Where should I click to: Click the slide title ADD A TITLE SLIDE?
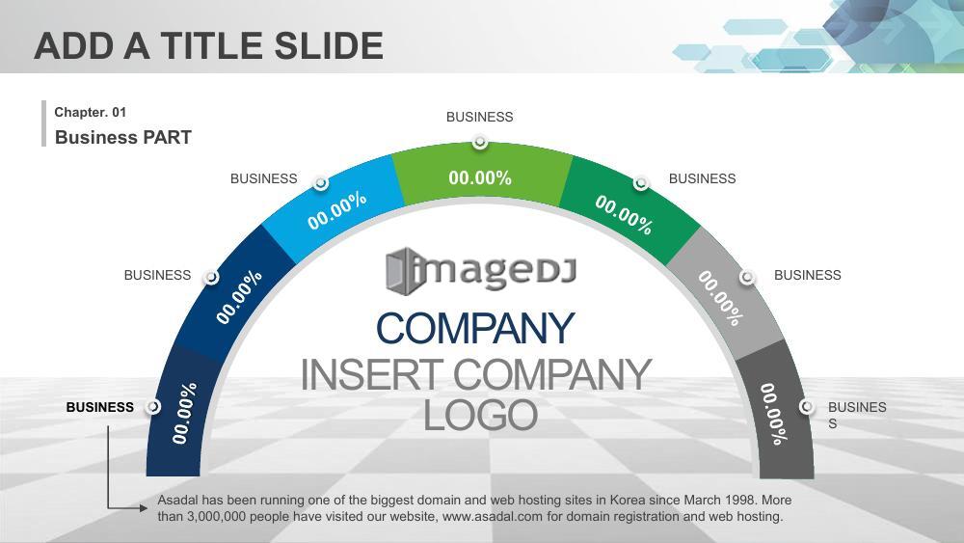click(208, 46)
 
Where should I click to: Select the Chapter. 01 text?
click(90, 112)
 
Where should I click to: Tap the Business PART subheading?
click(123, 137)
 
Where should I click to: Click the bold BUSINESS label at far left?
click(99, 407)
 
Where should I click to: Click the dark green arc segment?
click(629, 206)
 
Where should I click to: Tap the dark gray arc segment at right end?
click(779, 412)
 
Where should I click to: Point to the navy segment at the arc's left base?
click(182, 412)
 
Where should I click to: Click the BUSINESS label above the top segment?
click(479, 117)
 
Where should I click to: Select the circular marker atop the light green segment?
click(480, 143)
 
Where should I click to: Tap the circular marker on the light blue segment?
click(320, 183)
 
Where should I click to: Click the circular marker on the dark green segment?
click(641, 183)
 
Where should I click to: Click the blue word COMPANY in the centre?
click(475, 328)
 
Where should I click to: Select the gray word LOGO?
click(481, 415)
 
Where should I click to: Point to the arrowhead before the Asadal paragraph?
click(144, 508)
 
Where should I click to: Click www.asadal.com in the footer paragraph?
click(493, 517)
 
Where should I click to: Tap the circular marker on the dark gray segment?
click(807, 406)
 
